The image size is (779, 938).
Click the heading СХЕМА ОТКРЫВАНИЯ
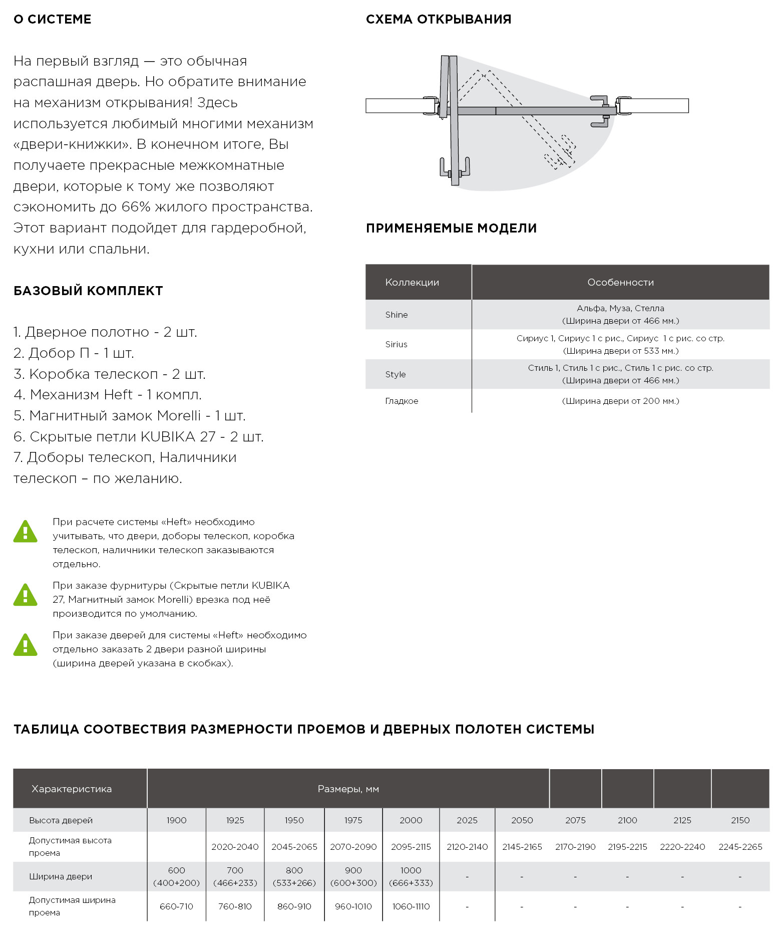(439, 20)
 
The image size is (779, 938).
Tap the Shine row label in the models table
(397, 315)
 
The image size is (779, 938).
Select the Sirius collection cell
(397, 344)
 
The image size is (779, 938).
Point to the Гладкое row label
(402, 401)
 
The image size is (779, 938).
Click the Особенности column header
(620, 283)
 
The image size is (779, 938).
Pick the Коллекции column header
(412, 283)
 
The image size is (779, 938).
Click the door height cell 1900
(176, 820)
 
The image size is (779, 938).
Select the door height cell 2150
(740, 820)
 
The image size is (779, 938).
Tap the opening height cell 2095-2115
(411, 847)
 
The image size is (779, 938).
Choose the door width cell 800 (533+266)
(294, 876)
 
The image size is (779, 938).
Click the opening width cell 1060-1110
(411, 906)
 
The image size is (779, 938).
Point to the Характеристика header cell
(72, 789)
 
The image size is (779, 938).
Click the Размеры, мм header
(348, 789)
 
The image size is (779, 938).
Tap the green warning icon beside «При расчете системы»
(25, 532)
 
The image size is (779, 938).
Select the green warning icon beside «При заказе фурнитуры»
(25, 595)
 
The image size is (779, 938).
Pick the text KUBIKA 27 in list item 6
(178, 437)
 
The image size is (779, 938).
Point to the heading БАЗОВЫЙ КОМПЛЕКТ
(88, 291)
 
